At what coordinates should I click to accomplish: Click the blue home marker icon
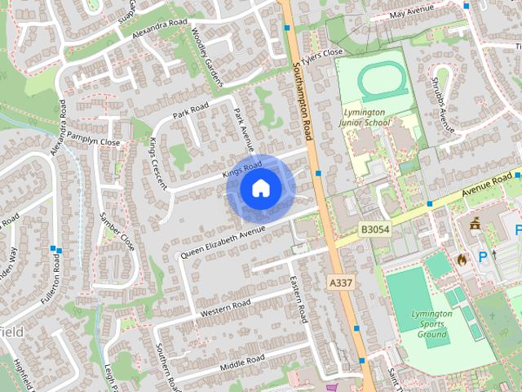[x=259, y=188]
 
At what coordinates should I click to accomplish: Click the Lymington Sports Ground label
[x=431, y=323]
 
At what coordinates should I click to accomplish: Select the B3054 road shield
[x=374, y=230]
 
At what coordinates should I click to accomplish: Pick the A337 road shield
[x=341, y=282]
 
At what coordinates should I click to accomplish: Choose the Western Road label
[x=225, y=309]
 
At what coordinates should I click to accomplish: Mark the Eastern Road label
[x=298, y=300]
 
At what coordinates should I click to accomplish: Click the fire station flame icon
[x=462, y=260]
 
